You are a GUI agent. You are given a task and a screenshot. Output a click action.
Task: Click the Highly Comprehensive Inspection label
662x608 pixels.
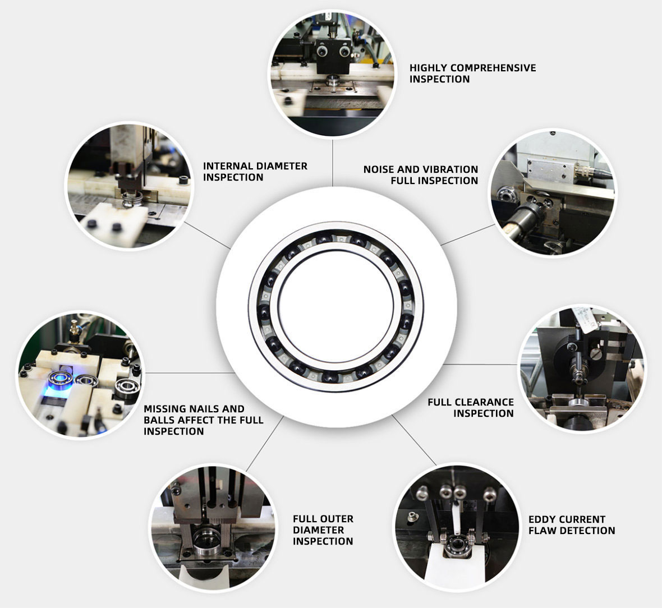(472, 73)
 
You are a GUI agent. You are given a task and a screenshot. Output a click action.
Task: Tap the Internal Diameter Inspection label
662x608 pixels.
(255, 172)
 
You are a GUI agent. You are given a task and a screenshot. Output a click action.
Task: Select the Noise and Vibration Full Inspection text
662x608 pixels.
(420, 175)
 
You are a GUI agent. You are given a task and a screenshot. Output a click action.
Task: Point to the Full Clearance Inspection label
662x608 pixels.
(470, 408)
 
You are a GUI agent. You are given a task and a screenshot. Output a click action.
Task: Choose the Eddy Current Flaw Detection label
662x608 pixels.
(571, 525)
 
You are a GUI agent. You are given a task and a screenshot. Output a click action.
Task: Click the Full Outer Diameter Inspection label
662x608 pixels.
(323, 530)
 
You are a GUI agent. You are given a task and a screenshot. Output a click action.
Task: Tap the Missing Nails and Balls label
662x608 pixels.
(203, 420)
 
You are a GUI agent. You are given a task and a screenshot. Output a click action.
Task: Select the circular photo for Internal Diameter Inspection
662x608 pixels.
(130, 186)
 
